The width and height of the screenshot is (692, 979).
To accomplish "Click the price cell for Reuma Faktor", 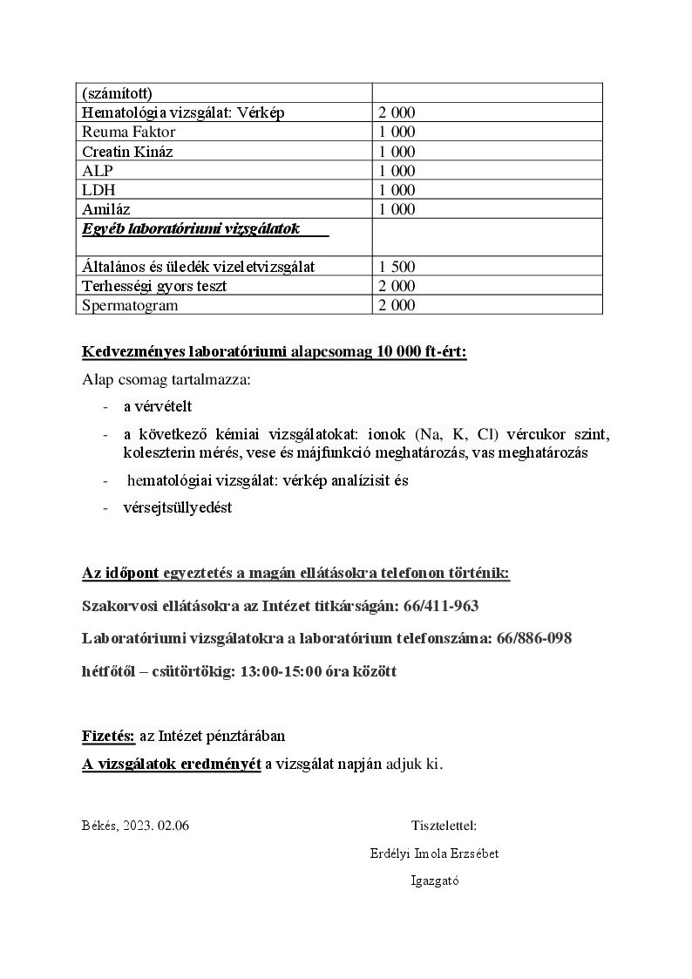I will point(397,133).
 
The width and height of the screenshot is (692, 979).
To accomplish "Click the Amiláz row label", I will point(106,209).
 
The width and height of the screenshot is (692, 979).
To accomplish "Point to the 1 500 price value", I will point(397,267).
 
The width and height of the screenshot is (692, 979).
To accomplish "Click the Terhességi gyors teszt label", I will point(154,286).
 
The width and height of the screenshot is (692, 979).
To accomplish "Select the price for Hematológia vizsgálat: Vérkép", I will point(397,113).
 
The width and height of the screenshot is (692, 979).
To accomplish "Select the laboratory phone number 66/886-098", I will point(533,639).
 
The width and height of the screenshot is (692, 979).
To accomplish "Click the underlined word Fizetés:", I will point(108,736).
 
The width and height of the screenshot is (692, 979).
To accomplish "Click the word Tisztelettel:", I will point(444,826).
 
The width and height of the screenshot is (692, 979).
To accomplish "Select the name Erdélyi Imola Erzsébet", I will point(434,853).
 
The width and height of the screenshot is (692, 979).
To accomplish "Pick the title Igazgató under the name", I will point(435,880).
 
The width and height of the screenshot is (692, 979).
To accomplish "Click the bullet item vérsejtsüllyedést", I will point(178,507).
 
